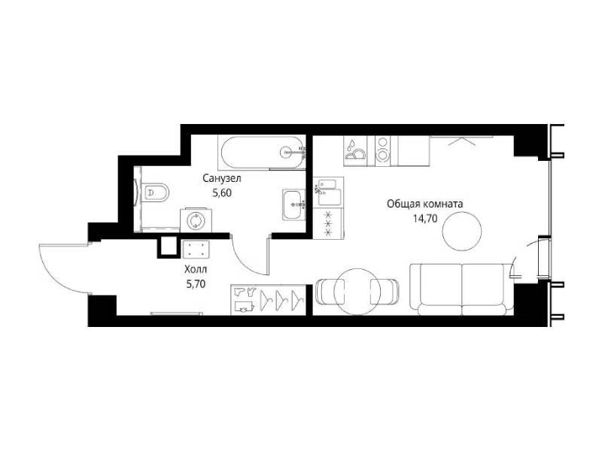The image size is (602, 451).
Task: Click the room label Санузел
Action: point(222,178)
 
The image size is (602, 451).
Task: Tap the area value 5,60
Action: point(222,193)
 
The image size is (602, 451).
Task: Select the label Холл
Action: point(196,270)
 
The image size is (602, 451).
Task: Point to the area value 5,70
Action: point(196,284)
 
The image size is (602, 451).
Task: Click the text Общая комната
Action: point(424,204)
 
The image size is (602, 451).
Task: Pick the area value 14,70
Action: point(425,219)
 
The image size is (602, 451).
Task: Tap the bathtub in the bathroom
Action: point(262,153)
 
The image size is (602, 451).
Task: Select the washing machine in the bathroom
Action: point(196,220)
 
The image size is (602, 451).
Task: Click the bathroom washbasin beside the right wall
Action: point(294,204)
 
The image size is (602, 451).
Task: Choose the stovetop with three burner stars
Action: point(328,223)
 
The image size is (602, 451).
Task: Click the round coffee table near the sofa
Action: point(462,231)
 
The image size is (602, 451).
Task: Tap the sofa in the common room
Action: point(462,289)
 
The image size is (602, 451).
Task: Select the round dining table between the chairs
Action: point(357,292)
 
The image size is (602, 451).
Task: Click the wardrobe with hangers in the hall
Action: point(269,300)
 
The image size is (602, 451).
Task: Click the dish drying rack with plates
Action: point(355,151)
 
